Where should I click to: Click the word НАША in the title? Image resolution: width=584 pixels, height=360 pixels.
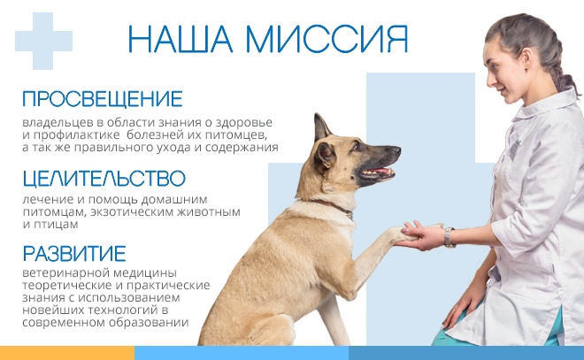coord(181,39)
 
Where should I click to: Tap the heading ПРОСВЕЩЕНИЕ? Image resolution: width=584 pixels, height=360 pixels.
coord(103,99)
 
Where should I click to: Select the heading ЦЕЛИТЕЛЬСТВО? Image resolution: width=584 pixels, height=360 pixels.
coord(104,179)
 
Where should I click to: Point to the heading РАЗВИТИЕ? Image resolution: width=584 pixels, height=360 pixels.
coord(74,254)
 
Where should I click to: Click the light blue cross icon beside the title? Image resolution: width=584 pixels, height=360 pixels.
coord(43,41)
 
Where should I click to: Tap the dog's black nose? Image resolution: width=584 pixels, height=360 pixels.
coord(396,150)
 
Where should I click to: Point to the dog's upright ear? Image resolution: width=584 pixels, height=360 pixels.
coord(321,127)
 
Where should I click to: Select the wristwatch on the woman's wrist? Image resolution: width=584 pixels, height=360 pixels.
coord(450,237)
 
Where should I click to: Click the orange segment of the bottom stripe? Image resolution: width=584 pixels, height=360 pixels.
coord(67,353)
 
